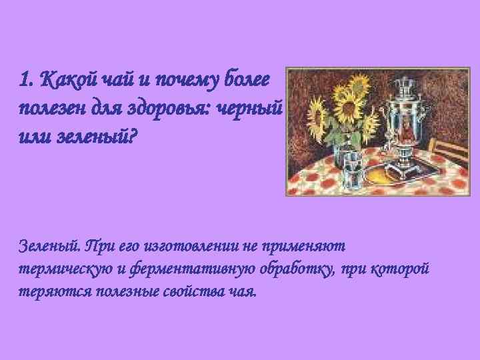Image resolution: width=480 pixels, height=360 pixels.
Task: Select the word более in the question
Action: click(x=247, y=81)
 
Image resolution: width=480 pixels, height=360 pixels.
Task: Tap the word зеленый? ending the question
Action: click(x=103, y=138)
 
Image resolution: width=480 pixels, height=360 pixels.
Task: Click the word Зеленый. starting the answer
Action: click(x=51, y=247)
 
